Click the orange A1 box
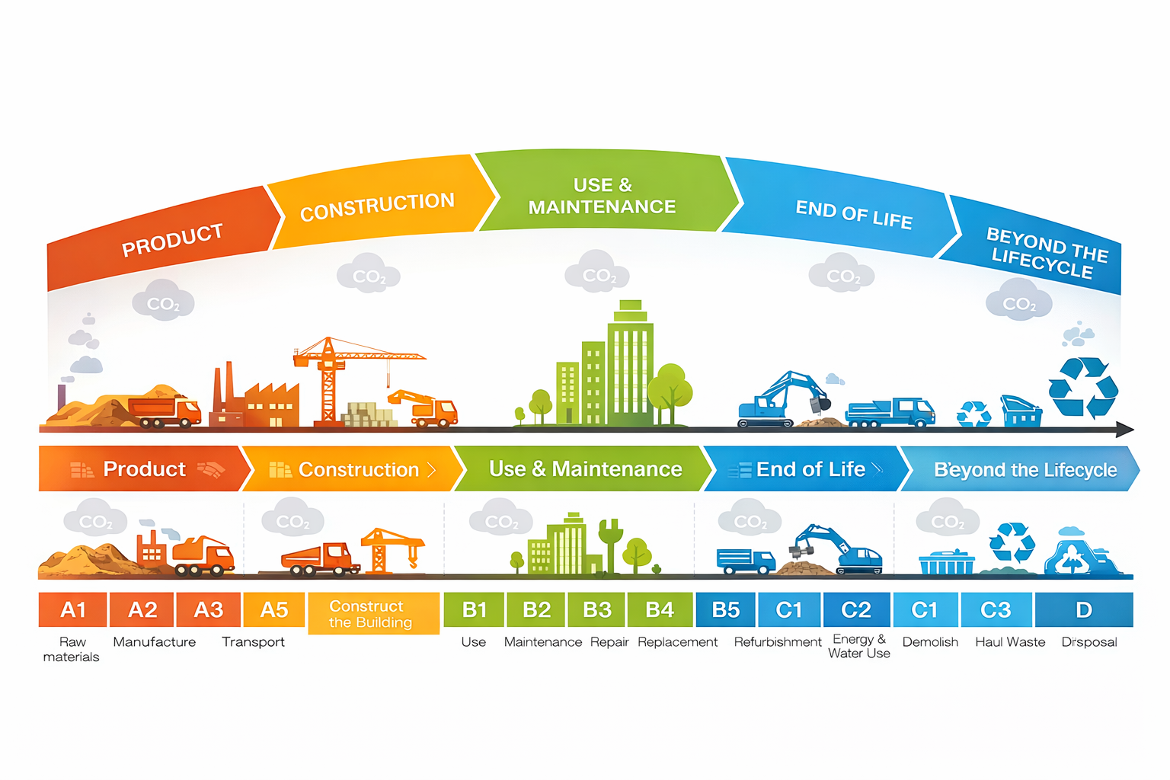click(72, 609)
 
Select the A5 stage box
click(273, 609)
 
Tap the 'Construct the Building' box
click(373, 613)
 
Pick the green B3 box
click(596, 609)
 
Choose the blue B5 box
click(725, 609)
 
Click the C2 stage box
click(856, 609)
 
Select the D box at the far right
click(1083, 609)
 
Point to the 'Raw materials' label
click(72, 649)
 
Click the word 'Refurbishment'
click(778, 642)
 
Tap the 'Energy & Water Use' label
click(859, 646)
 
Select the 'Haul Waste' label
click(1010, 642)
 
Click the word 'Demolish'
click(930, 642)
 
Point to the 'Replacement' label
click(677, 642)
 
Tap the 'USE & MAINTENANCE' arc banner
click(602, 195)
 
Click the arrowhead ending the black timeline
click(1126, 430)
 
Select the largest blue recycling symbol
click(1082, 387)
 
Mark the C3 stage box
click(996, 609)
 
